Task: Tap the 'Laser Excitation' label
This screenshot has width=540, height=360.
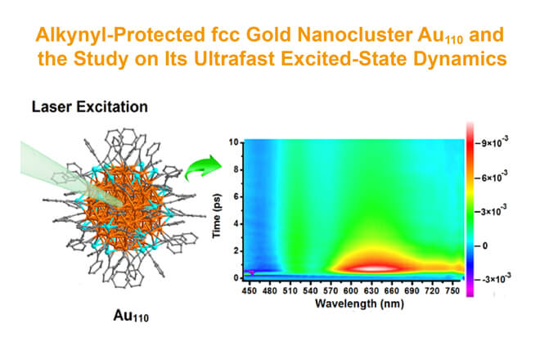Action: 90,107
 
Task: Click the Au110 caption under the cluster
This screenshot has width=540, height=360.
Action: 131,316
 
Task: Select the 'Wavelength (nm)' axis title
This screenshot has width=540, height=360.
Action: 359,304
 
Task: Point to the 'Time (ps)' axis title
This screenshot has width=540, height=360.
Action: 216,216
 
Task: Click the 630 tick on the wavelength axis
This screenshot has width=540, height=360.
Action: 371,290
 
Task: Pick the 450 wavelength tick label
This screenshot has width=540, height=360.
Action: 249,290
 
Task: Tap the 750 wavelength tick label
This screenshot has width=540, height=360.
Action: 452,290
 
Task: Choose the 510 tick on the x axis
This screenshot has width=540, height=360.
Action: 290,290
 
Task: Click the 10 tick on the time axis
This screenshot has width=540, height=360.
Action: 234,142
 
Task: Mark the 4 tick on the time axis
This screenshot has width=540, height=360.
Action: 236,224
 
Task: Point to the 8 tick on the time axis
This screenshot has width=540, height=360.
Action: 236,169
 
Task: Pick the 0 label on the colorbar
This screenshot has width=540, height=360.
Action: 485,246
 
